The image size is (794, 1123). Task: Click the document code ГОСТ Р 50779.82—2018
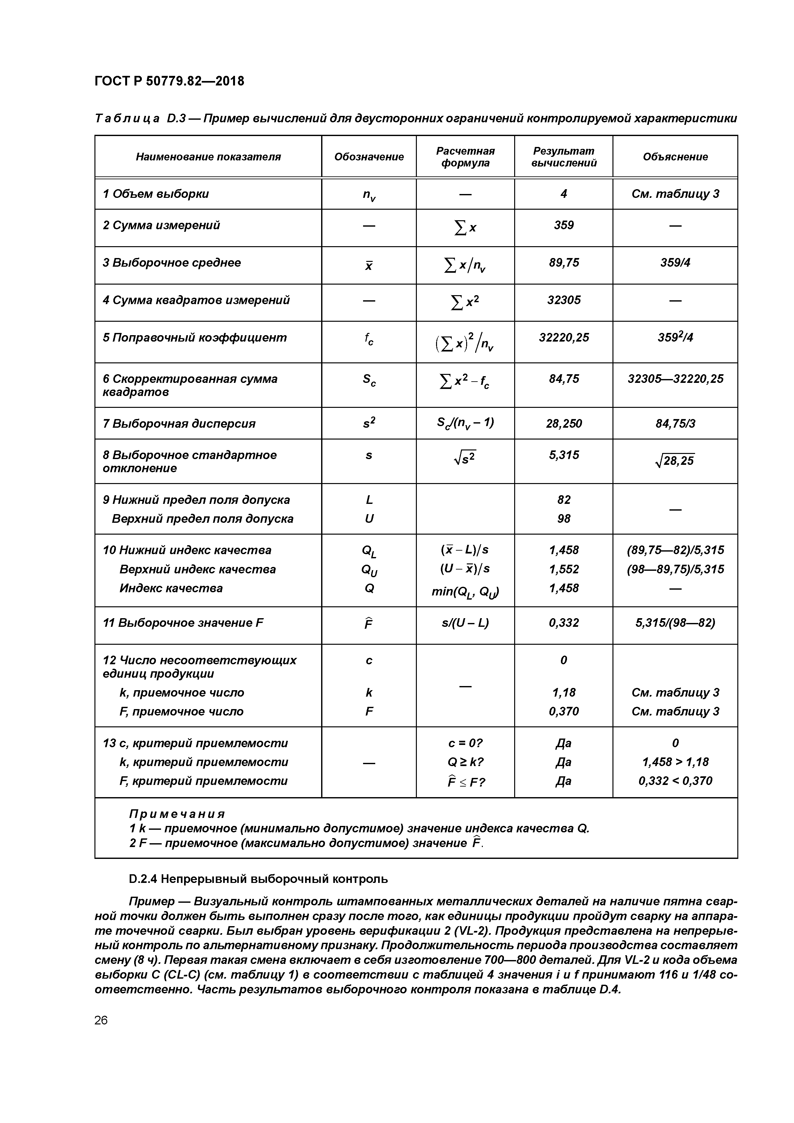coord(169,81)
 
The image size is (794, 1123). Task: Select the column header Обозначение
coord(369,157)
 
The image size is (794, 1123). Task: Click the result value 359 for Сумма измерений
coord(563,225)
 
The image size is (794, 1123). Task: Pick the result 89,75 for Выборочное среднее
coord(563,263)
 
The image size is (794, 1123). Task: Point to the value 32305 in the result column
coord(563,300)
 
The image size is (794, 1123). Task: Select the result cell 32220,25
coord(563,337)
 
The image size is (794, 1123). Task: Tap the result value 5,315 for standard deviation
coord(563,455)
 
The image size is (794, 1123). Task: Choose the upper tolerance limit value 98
coord(563,519)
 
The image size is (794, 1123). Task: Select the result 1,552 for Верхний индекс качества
coord(563,569)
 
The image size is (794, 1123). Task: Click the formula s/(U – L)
coord(465,623)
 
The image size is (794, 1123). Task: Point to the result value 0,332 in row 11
coord(563,623)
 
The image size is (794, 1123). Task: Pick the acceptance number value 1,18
coord(563,692)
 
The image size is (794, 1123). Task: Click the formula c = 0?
coord(465,743)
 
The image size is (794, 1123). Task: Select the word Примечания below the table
coord(177,814)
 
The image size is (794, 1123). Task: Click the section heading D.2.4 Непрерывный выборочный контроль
coord(258,879)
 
